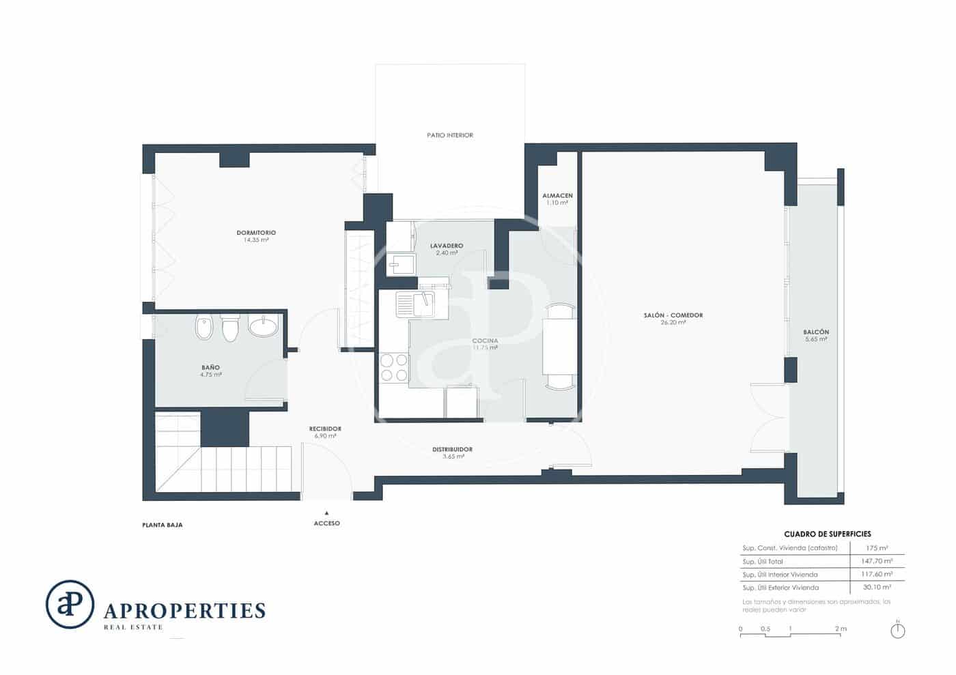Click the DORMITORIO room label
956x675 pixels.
click(x=256, y=233)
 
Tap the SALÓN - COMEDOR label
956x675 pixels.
click(x=673, y=315)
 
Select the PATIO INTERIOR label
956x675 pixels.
click(x=450, y=135)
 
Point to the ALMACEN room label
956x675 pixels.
click(x=557, y=196)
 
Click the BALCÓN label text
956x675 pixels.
click(x=816, y=332)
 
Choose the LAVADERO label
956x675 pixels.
click(x=447, y=246)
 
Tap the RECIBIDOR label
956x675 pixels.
click(x=325, y=429)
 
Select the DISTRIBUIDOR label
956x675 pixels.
click(x=452, y=450)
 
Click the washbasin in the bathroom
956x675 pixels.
click(x=264, y=326)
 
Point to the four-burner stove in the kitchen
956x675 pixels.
click(x=393, y=368)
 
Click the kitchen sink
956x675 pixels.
click(x=415, y=304)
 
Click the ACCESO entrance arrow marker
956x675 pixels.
click(x=326, y=513)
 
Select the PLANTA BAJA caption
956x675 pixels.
click(x=163, y=525)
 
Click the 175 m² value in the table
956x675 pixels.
click(x=877, y=548)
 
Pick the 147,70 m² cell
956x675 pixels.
click(x=877, y=561)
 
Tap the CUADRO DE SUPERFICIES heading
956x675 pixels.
click(x=827, y=534)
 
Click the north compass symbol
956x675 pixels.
click(x=898, y=631)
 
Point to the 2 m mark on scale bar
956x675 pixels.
click(x=840, y=629)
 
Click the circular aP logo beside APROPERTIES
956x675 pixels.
click(x=70, y=604)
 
